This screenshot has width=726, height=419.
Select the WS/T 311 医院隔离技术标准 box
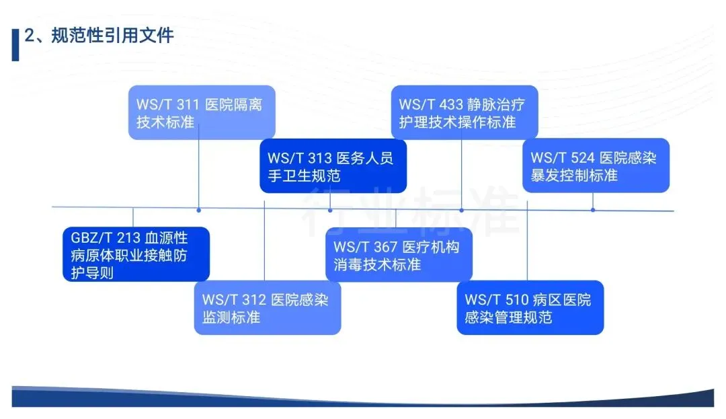202,112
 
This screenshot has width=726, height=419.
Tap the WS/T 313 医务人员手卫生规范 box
333,166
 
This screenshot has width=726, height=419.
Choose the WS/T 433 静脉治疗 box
465,112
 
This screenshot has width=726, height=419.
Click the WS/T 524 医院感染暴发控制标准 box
596,165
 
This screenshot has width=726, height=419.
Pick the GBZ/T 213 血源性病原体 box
136,254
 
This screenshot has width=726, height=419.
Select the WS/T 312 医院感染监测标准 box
268,307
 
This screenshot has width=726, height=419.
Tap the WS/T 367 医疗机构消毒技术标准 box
399,254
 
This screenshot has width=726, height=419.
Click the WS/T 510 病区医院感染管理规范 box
530,307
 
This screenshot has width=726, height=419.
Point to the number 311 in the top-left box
189,105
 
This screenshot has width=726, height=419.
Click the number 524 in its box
583,158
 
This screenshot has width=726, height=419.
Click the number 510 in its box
518,300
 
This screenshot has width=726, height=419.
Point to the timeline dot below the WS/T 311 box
198,210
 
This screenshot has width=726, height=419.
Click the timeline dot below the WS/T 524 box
593,210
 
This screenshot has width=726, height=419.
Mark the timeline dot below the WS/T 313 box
330,210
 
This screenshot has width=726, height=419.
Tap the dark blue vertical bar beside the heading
15,44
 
